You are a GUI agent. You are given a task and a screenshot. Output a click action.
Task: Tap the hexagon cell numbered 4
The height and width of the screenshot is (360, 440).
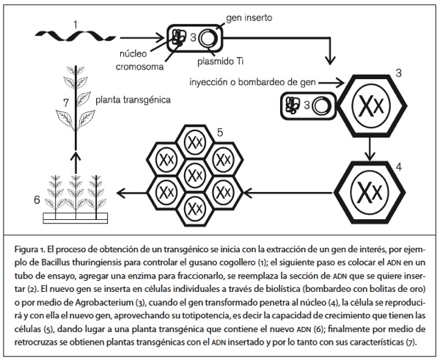[370, 193]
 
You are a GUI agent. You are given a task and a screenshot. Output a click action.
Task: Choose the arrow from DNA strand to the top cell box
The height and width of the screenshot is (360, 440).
[136, 34]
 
